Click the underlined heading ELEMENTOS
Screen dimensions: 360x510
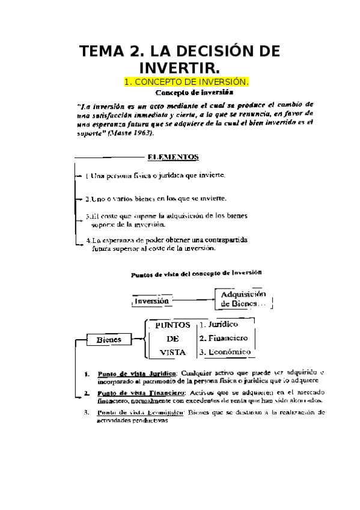173,157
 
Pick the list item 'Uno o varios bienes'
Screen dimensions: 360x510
155,198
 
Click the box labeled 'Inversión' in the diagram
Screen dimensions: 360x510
151,301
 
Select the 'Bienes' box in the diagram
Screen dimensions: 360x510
109,339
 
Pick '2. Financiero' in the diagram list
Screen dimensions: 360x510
224,338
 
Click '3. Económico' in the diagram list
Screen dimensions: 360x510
225,352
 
